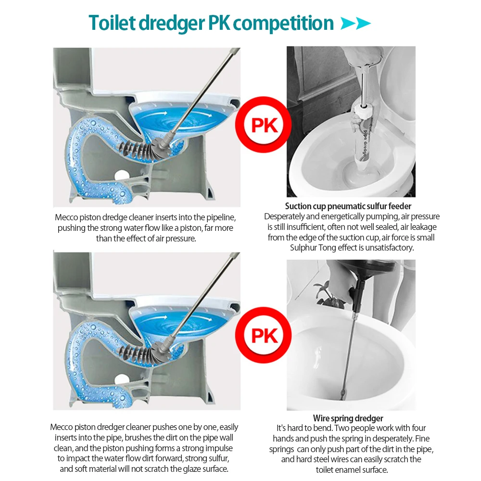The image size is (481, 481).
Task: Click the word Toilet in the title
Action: [112, 23]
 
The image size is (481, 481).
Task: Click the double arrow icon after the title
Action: [355, 23]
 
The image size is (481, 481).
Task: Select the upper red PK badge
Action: [264, 125]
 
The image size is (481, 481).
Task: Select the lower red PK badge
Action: [264, 335]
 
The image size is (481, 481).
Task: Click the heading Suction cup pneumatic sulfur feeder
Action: [348, 206]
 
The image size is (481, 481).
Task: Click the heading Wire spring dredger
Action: [348, 418]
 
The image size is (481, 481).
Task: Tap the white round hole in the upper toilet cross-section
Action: [122, 175]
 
